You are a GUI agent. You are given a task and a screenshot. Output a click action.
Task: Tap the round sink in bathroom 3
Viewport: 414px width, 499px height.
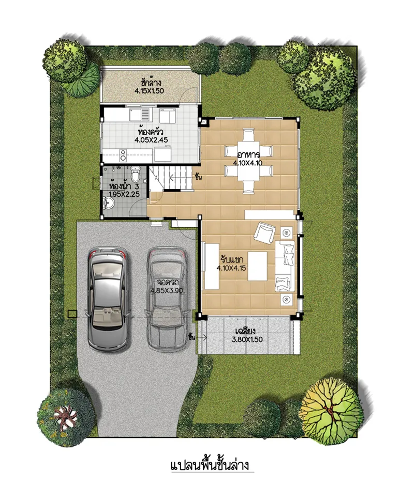click(x=109, y=202)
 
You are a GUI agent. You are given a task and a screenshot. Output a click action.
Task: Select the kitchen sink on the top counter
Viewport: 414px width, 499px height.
click(x=140, y=115)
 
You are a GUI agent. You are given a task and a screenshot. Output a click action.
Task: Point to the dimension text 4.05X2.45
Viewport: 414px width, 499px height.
click(x=151, y=139)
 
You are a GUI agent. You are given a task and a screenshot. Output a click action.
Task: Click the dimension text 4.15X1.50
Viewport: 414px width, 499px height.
click(x=149, y=91)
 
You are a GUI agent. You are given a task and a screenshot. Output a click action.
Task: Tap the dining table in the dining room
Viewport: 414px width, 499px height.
click(x=248, y=161)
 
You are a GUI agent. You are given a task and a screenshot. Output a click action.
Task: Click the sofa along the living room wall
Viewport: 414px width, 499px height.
click(x=285, y=266)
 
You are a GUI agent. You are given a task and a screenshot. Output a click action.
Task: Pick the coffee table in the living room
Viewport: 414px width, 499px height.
click(x=258, y=266)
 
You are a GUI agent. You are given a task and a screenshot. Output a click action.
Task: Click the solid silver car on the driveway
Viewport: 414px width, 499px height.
click(x=108, y=299)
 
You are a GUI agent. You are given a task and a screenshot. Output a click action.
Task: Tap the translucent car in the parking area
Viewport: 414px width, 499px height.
click(x=168, y=299)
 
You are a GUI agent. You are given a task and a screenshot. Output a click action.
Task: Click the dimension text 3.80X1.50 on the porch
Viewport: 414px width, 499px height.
click(x=247, y=339)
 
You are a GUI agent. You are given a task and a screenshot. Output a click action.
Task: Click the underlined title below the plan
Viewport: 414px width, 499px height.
click(x=210, y=465)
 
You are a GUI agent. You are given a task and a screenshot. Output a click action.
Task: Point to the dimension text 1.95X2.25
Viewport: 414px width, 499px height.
click(x=124, y=194)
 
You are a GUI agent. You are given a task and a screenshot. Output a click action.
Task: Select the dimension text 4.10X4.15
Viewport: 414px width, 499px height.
click(x=231, y=268)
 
